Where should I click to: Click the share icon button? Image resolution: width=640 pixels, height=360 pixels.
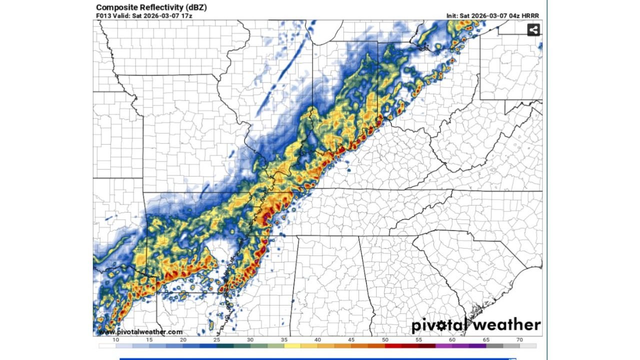coord(533,30)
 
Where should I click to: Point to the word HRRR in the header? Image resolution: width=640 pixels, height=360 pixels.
coord(530,16)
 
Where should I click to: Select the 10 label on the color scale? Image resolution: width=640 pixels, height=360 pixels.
coord(115,340)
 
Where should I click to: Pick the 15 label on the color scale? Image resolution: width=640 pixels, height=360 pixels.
coord(149,340)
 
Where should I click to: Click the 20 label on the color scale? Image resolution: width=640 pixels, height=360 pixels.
coord(183,340)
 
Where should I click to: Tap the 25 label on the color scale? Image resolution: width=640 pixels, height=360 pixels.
coord(216,340)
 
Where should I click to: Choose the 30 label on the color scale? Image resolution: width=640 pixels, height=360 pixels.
coord(250,340)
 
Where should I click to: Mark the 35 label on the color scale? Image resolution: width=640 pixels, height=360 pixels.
coord(284,340)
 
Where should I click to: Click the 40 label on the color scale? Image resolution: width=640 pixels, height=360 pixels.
coord(317,340)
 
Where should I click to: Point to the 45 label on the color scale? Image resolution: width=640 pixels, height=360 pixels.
coord(351,340)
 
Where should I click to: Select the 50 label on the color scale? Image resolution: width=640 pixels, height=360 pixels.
coord(385,340)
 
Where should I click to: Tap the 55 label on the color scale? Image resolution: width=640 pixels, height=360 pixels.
coord(418,340)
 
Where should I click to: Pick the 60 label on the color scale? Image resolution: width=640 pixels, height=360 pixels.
coord(452,340)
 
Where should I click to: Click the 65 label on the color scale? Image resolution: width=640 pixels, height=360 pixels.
coord(486,340)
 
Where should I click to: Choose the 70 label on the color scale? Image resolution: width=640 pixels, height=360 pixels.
coord(520,340)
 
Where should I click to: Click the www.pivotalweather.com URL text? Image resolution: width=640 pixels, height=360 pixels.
coord(140,332)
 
